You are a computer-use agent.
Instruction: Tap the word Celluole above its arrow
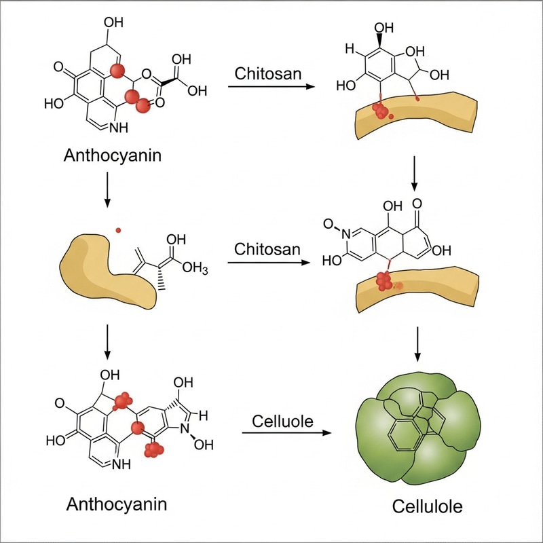click(282, 422)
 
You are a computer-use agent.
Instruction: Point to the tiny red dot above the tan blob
click(118, 229)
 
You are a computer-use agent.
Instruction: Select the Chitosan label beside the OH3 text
click(267, 248)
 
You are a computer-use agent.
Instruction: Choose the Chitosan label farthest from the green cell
click(267, 73)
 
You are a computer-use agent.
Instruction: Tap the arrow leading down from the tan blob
click(107, 343)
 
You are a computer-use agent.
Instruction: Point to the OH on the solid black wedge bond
click(383, 28)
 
